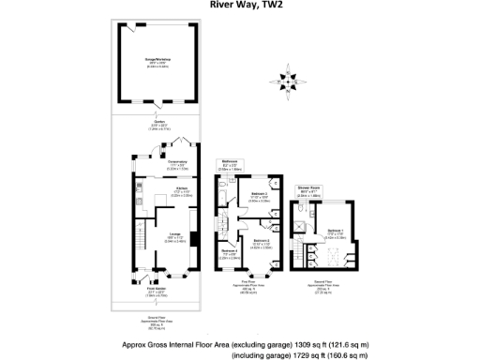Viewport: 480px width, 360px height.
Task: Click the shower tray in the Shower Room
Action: click(x=301, y=210)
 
